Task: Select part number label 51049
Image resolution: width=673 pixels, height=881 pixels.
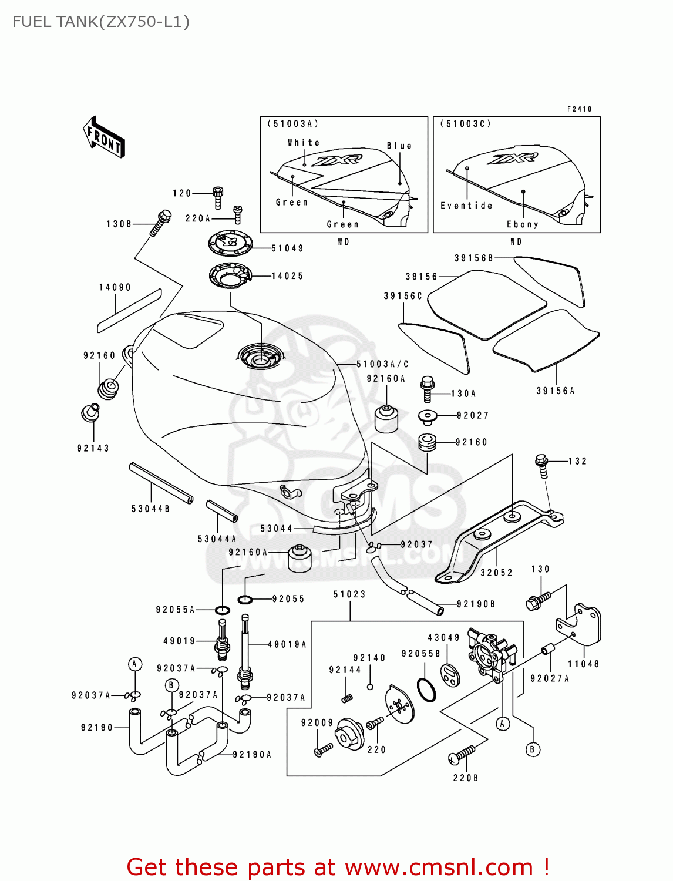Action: click(x=287, y=248)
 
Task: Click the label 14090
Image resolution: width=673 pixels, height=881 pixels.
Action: click(x=115, y=287)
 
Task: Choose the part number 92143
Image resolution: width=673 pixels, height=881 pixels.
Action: click(x=93, y=448)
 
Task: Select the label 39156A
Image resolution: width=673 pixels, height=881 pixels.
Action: click(x=555, y=391)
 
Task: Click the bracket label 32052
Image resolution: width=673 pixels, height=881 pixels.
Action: click(x=496, y=573)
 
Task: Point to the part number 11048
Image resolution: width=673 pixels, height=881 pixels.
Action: click(x=583, y=664)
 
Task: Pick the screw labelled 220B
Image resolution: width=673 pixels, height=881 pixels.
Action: click(x=462, y=755)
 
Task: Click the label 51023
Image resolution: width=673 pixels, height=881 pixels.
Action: click(x=349, y=594)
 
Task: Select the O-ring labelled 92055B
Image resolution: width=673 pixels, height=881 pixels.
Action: click(x=426, y=690)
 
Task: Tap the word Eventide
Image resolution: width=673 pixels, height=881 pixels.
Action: click(x=466, y=206)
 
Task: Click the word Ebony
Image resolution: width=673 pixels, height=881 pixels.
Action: click(x=522, y=224)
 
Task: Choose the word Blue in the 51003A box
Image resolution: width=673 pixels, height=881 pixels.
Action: click(x=399, y=146)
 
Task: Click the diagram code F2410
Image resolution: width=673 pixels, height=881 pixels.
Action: click(x=579, y=109)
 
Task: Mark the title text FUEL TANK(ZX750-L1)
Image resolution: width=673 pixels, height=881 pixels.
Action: click(x=101, y=22)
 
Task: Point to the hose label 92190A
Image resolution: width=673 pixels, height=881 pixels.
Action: click(x=252, y=755)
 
